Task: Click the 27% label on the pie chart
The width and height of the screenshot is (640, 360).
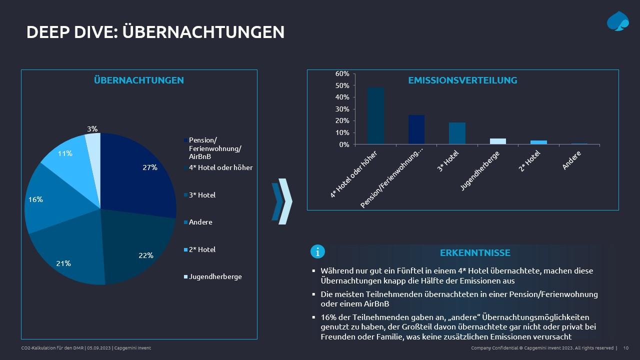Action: (x=150, y=167)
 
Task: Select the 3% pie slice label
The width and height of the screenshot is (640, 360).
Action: (x=92, y=129)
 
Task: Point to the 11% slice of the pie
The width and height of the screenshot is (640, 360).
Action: (x=65, y=153)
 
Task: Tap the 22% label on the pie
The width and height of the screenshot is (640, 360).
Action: (x=145, y=255)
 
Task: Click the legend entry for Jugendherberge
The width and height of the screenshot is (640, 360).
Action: (x=215, y=276)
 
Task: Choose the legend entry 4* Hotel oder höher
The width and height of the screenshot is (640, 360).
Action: (x=220, y=167)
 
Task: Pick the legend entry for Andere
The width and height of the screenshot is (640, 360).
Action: (x=200, y=222)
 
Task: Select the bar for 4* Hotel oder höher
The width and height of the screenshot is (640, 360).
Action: (x=375, y=116)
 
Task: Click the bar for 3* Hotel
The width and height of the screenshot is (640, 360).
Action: (x=457, y=133)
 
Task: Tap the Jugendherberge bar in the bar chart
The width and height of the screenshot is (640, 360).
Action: (x=497, y=141)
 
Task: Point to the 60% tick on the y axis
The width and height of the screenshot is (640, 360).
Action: (x=342, y=73)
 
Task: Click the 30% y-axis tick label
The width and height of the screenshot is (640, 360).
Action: (x=342, y=109)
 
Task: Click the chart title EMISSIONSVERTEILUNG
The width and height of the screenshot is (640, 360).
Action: (x=462, y=80)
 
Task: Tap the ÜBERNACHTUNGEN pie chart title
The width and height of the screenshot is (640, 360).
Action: (x=139, y=80)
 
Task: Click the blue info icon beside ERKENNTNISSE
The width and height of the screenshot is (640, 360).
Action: (x=317, y=251)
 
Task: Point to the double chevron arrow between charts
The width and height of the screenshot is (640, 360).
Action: (x=282, y=201)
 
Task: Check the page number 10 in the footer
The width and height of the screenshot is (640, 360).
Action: (x=626, y=348)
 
